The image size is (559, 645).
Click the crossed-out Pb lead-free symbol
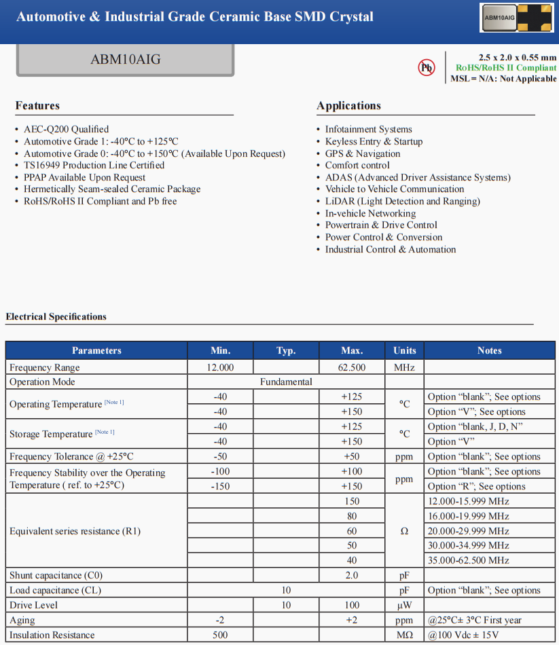(426, 67)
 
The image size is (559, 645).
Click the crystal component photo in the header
(516, 18)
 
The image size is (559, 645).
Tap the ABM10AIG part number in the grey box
(126, 59)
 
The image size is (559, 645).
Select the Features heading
(37, 105)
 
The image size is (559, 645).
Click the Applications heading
(348, 105)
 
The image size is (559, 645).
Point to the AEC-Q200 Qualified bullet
(66, 129)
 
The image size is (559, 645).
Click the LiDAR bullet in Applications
(402, 201)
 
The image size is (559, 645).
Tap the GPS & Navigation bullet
(363, 153)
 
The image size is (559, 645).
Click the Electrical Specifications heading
(56, 316)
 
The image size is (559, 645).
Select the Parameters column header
(96, 350)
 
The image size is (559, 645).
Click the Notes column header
(489, 350)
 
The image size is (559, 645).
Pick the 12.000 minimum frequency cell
(220, 367)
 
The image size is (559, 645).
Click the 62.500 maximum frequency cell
(352, 367)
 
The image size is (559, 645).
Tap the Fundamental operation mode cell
(286, 382)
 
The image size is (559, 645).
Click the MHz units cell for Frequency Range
(404, 367)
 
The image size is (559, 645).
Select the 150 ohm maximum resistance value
(352, 501)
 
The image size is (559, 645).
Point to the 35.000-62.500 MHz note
(468, 560)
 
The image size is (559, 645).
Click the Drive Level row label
(34, 605)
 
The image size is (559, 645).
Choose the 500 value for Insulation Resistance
(220, 635)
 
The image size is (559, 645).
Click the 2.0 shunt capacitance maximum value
(352, 575)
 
